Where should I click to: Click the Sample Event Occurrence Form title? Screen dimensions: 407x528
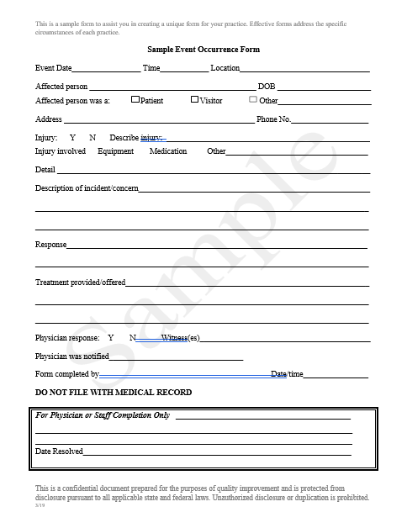203,50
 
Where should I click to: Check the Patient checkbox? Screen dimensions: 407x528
135,100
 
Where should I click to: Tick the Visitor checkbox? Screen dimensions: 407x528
194,100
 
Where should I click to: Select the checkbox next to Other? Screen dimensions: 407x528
252,100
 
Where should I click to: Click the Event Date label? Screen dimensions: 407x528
53,68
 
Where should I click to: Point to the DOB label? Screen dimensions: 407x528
266,87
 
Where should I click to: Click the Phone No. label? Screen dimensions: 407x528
273,119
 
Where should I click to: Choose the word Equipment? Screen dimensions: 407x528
116,151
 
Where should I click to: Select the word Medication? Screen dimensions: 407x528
168,151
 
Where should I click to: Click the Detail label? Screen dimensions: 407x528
45,170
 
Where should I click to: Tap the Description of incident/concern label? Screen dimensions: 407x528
87,188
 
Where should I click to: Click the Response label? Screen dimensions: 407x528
50,245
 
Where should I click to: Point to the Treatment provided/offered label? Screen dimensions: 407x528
80,282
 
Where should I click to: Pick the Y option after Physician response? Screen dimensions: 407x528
110,338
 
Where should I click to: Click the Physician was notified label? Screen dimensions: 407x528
72,356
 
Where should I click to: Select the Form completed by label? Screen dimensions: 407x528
66,374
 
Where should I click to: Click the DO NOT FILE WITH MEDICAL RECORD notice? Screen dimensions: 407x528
113,393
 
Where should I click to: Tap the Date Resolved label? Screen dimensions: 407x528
59,451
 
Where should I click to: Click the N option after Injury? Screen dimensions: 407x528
92,137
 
